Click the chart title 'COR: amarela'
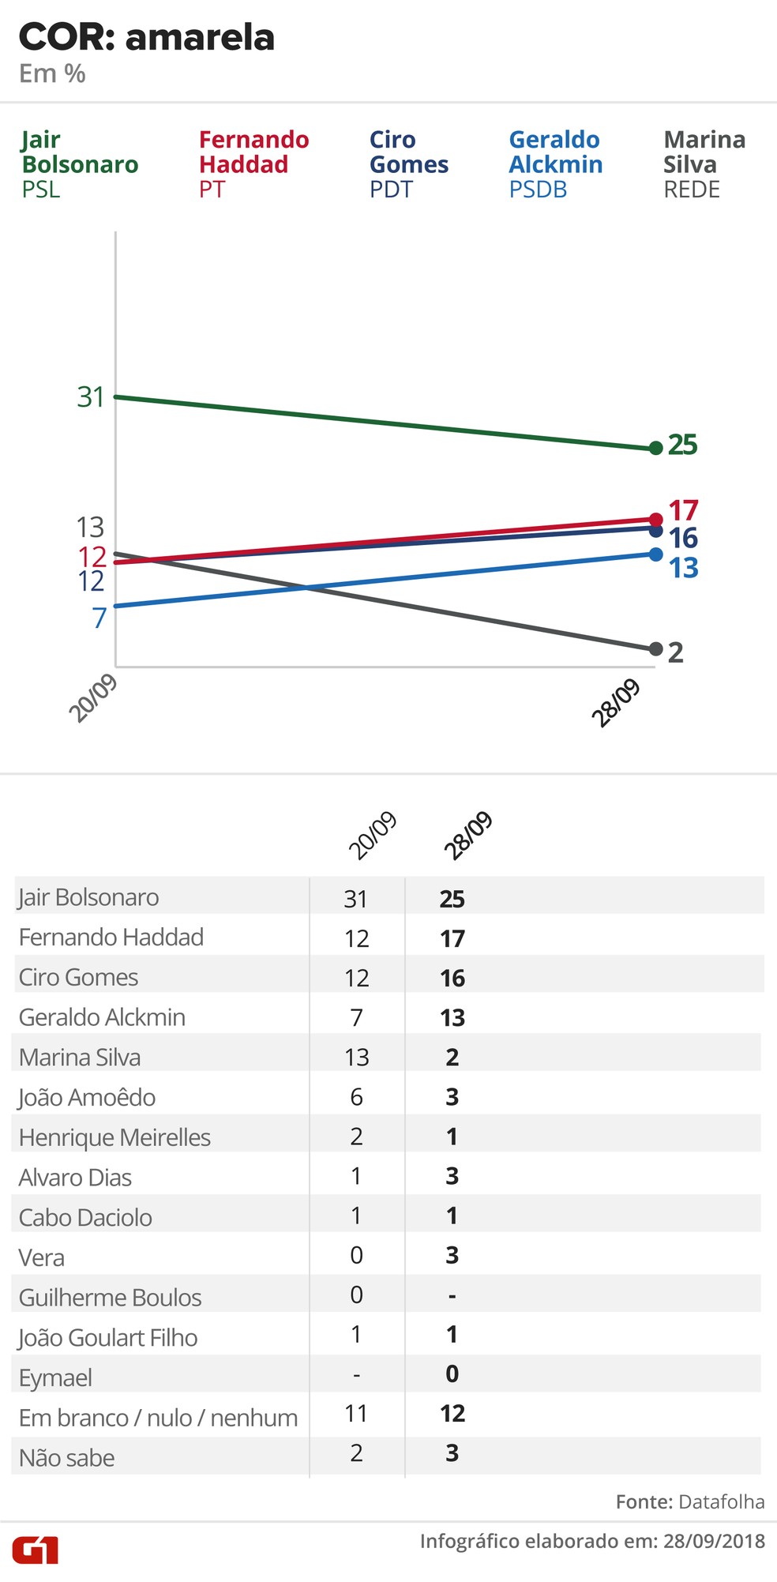pyautogui.click(x=147, y=38)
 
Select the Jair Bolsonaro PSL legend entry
pyautogui.click(x=80, y=164)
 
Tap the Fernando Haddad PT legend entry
pyautogui.click(x=253, y=164)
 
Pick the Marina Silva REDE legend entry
pyautogui.click(x=704, y=164)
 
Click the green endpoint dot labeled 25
pyautogui.click(x=655, y=449)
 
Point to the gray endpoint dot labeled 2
pyautogui.click(x=655, y=649)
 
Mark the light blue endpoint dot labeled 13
pyautogui.click(x=655, y=554)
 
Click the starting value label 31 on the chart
pyautogui.click(x=91, y=396)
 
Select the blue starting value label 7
pyautogui.click(x=99, y=618)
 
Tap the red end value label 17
pyautogui.click(x=683, y=510)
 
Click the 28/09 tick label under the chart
pyautogui.click(x=616, y=702)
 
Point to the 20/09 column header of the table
pyautogui.click(x=372, y=835)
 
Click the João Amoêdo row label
pyautogui.click(x=87, y=1097)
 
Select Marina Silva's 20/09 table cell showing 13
pyautogui.click(x=357, y=1057)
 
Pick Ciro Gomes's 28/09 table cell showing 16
pyautogui.click(x=452, y=978)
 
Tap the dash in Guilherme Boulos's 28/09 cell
pyautogui.click(x=452, y=1296)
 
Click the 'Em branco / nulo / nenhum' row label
pyautogui.click(x=158, y=1418)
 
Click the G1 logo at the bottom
pyautogui.click(x=35, y=1550)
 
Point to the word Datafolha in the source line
pyautogui.click(x=721, y=1501)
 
